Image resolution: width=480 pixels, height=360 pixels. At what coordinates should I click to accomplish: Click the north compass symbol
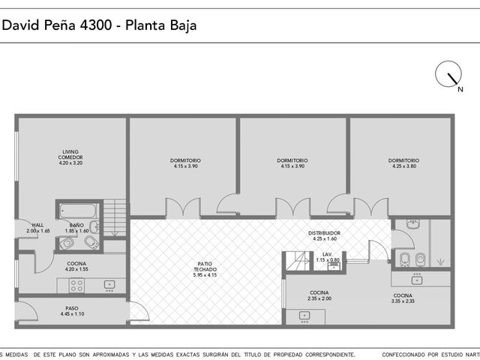[448, 74]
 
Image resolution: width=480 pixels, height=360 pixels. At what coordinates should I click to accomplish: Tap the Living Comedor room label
[70, 157]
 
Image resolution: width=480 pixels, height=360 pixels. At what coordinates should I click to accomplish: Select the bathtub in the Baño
[78, 211]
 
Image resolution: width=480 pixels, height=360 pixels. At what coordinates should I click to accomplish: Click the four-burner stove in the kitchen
[76, 285]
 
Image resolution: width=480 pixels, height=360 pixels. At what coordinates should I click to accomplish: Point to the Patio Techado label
[205, 269]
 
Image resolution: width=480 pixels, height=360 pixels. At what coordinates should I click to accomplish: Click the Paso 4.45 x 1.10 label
[72, 311]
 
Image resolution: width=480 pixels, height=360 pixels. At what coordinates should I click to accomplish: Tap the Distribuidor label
[324, 235]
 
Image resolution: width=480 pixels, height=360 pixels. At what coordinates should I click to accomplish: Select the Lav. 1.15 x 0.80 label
[328, 257]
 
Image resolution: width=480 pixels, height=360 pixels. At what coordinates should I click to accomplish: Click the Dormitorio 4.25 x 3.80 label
[403, 163]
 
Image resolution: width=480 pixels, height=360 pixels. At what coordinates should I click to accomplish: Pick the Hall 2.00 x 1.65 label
[38, 228]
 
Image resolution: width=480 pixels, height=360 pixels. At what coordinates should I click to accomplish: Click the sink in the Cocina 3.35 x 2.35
[417, 280]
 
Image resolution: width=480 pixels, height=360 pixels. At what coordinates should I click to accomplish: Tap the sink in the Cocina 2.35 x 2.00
[304, 315]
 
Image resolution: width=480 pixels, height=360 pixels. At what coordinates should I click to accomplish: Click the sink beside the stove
[109, 285]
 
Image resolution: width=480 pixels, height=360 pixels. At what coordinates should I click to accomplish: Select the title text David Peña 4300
[57, 25]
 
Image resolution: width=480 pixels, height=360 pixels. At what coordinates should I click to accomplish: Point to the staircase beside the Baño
[115, 217]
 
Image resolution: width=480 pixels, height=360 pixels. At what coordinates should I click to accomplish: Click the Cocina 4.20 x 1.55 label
[76, 266]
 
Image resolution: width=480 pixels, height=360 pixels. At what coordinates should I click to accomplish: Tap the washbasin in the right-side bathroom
[413, 223]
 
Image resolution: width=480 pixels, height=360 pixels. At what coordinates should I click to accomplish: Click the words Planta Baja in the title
[161, 25]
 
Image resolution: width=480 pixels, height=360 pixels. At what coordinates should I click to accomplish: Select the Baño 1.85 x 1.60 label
[76, 228]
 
